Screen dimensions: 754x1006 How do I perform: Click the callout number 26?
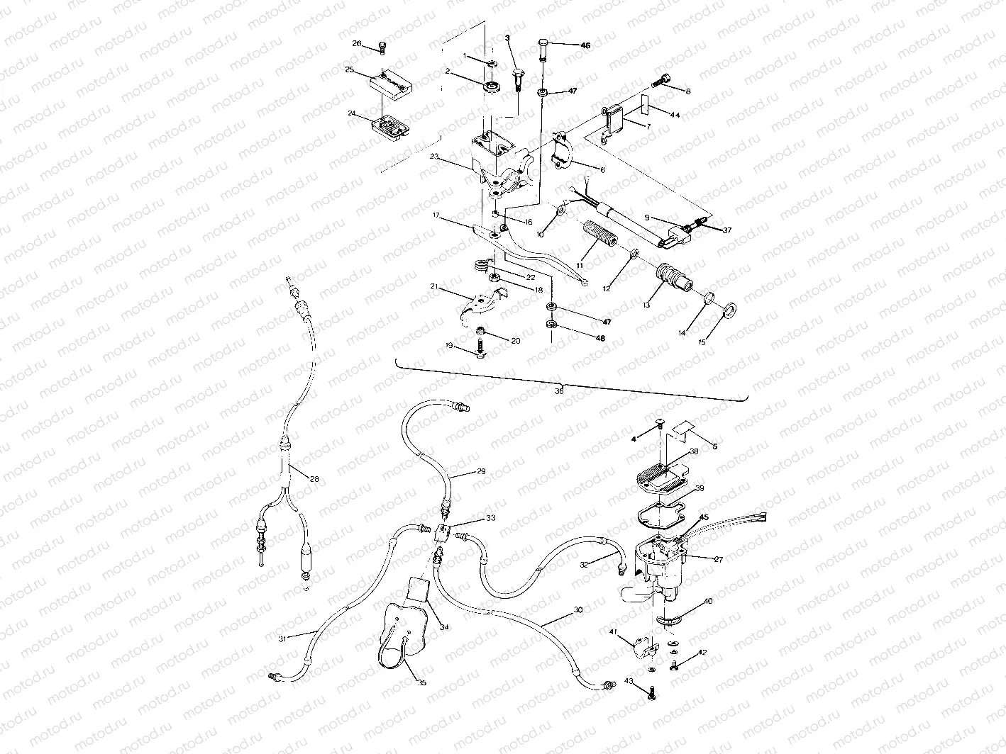tap(357, 43)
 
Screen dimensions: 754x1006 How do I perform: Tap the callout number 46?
tap(585, 45)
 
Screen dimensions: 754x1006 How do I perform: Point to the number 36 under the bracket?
tap(559, 390)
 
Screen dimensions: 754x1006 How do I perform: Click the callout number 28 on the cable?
tap(314, 479)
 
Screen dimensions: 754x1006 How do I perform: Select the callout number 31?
tap(282, 638)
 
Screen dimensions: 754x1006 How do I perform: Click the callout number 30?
tap(577, 609)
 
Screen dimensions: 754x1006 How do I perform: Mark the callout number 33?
tap(490, 518)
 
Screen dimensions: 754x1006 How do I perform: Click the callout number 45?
tap(704, 517)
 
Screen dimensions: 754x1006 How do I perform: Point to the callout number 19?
tap(449, 345)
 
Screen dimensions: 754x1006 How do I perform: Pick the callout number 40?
tap(708, 601)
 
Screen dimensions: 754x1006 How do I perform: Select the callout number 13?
tap(647, 303)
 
